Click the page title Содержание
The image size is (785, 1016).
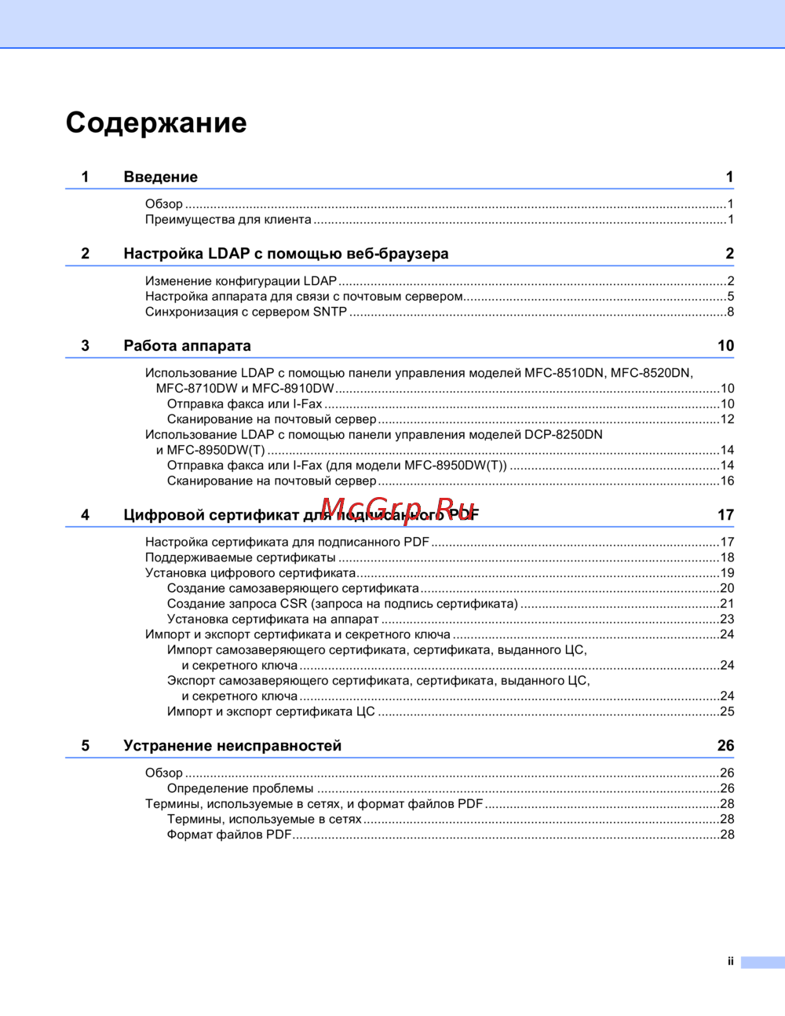click(156, 122)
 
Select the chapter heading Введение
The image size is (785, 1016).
click(160, 177)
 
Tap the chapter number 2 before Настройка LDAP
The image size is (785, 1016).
click(86, 254)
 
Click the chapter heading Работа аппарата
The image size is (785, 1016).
click(187, 345)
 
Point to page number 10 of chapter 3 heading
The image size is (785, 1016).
click(725, 345)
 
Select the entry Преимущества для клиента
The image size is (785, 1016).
click(228, 220)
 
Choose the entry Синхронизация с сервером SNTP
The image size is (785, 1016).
click(246, 312)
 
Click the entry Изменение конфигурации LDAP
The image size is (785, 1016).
click(240, 281)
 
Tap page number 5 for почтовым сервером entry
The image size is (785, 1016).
click(730, 297)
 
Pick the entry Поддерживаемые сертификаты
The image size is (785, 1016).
click(240, 557)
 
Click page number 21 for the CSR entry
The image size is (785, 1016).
click(727, 604)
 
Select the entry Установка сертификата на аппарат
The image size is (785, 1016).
click(272, 619)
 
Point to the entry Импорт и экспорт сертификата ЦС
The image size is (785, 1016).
click(271, 711)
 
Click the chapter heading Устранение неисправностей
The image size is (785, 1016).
click(232, 746)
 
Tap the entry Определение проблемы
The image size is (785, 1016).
click(240, 788)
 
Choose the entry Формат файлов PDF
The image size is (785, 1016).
click(229, 835)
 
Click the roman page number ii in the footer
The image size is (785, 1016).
click(730, 962)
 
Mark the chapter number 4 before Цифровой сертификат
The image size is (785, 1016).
click(86, 515)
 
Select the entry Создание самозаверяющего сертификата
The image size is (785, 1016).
click(293, 588)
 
